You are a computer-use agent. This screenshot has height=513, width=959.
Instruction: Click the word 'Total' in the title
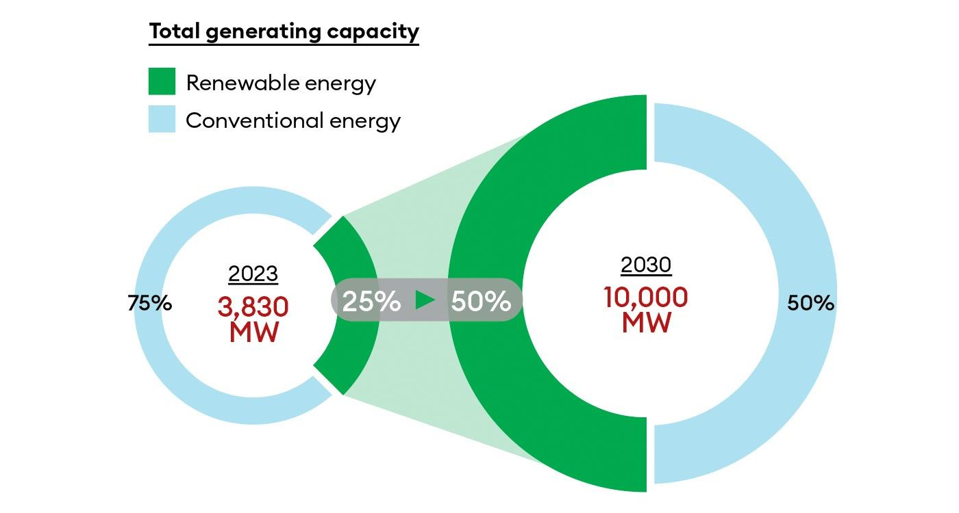(172, 31)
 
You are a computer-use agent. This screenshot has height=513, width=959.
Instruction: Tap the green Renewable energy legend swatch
(162, 81)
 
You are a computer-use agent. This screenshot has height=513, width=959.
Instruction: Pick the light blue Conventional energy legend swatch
(162, 119)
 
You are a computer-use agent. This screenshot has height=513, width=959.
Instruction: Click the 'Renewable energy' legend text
(281, 83)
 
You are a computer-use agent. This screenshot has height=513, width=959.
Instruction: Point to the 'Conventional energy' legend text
(292, 120)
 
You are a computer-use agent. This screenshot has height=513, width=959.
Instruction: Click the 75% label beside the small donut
(149, 303)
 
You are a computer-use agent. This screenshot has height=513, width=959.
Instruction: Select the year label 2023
(253, 274)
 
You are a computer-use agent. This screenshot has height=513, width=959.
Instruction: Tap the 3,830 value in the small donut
(253, 307)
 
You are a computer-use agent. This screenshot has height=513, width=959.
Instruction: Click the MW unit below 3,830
(253, 332)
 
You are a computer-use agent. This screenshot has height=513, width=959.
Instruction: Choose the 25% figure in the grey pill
(371, 301)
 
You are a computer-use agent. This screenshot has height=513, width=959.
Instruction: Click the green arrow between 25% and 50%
(425, 300)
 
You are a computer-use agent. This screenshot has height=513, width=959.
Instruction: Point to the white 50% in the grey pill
(480, 301)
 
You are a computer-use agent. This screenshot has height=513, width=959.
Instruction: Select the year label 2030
(645, 264)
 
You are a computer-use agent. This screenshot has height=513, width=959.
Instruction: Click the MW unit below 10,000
(645, 323)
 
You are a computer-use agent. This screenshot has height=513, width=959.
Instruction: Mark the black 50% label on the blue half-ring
(810, 303)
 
